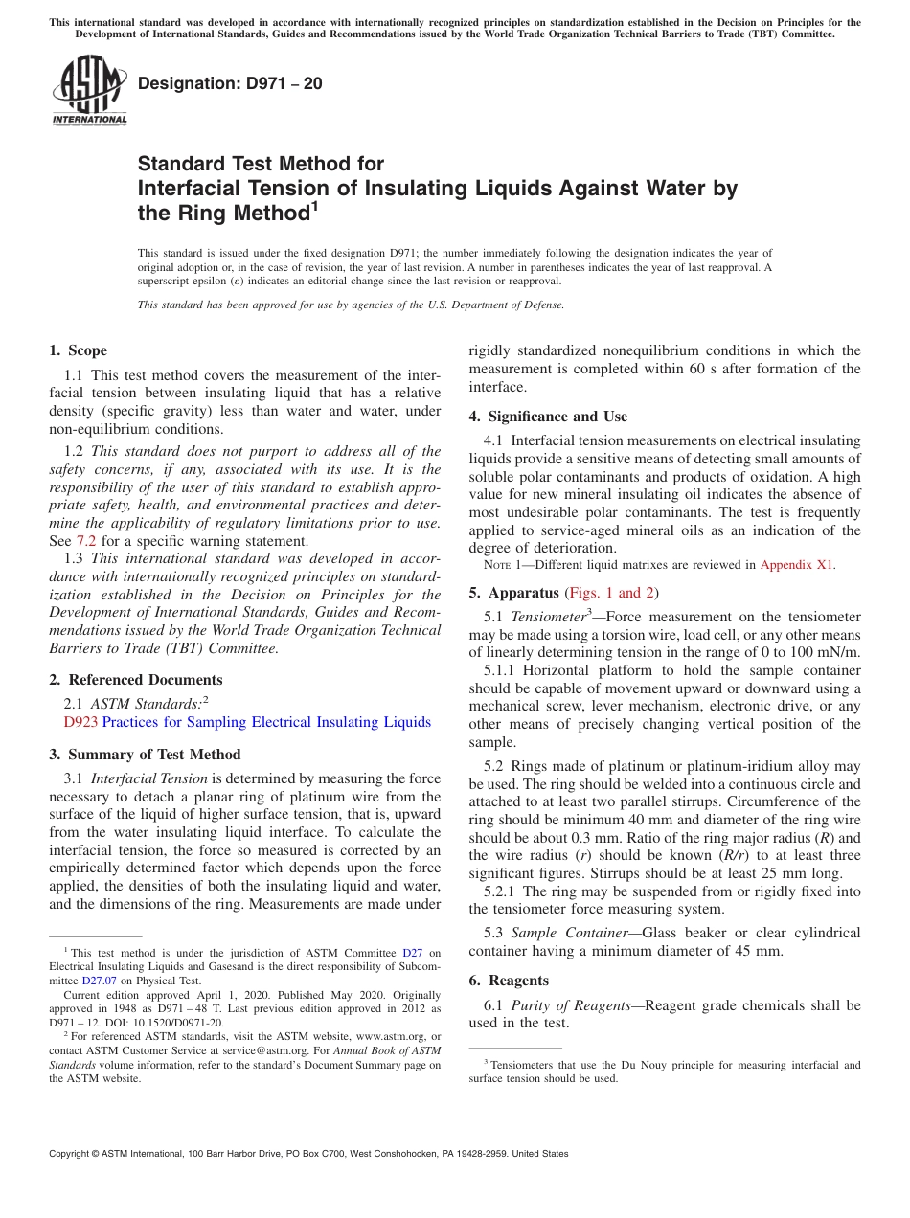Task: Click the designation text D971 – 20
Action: click(230, 84)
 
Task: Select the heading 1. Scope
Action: click(79, 350)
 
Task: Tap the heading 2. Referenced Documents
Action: click(136, 680)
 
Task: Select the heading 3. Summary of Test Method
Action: click(145, 755)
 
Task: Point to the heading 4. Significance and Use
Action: click(548, 417)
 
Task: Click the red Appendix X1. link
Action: click(797, 565)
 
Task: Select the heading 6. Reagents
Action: click(509, 981)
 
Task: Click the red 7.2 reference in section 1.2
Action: click(83, 541)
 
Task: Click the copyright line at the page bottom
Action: click(308, 1154)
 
